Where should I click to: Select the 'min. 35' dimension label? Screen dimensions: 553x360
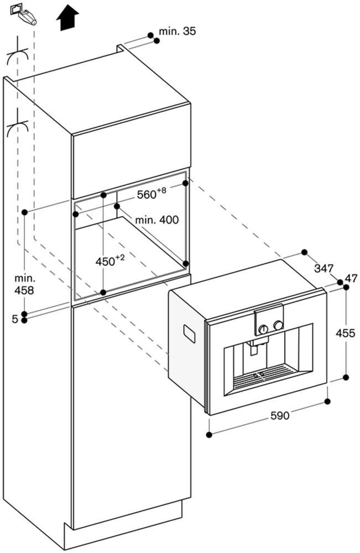177,32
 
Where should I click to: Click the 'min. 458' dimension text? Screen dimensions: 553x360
24,284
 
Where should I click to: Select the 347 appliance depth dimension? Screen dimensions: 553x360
324,269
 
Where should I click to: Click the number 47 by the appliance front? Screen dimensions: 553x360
351,278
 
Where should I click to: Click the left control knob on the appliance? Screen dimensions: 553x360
264,328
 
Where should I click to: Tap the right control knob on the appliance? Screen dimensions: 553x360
279,325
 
